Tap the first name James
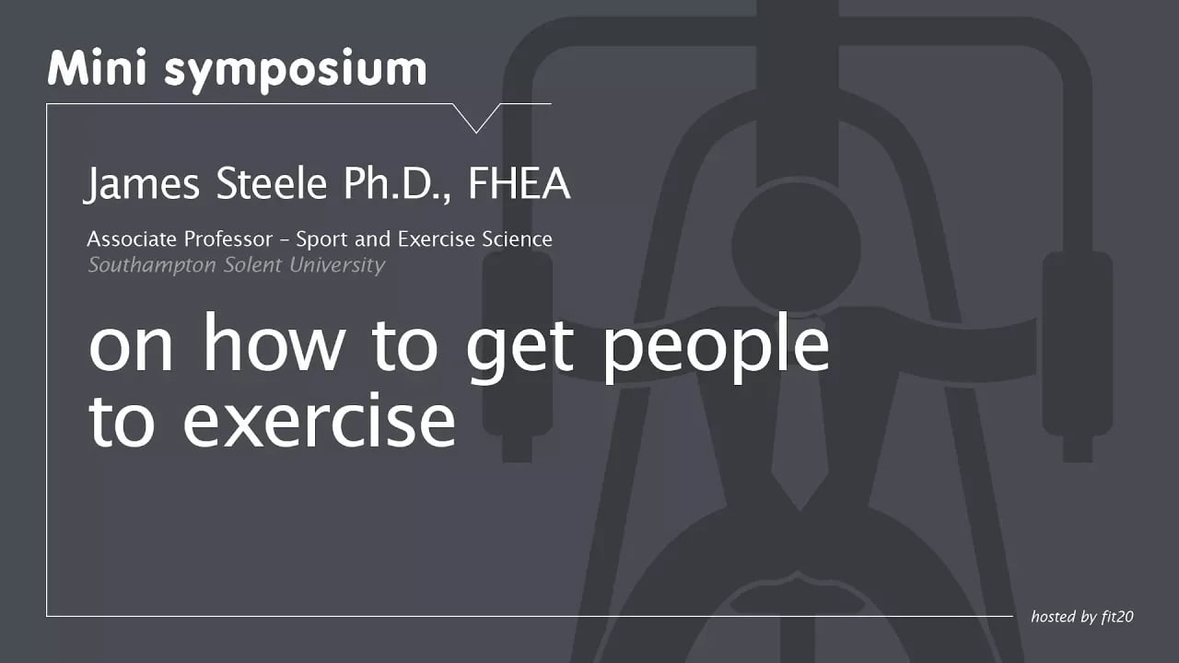point(146,184)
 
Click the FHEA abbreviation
point(519,184)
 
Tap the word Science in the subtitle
point(517,239)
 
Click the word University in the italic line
point(338,266)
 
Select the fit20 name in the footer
point(1115,616)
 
